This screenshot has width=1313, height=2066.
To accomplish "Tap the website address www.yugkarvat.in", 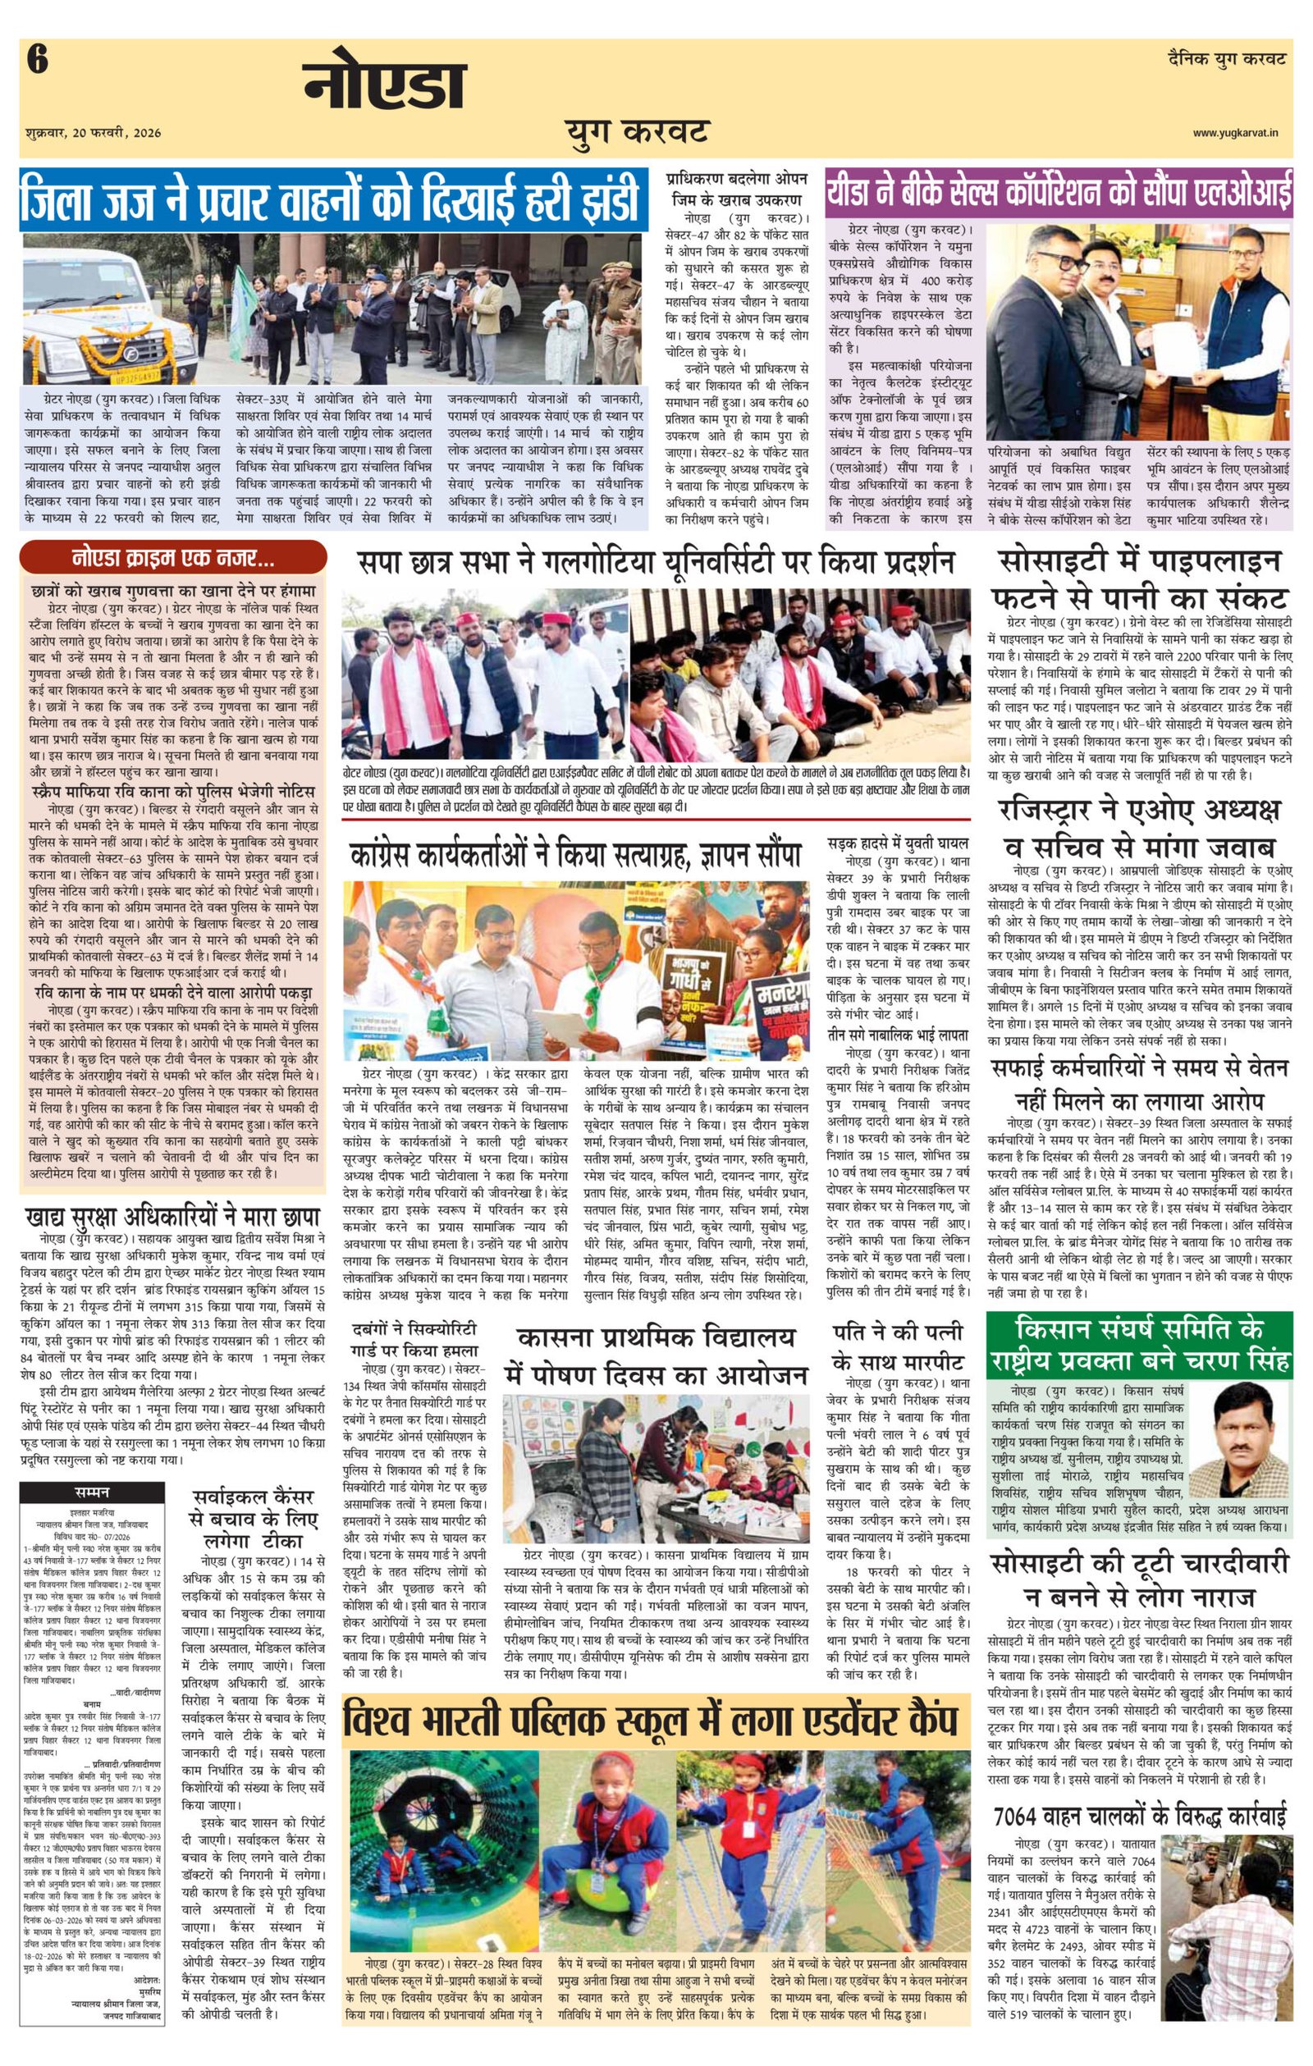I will (1240, 133).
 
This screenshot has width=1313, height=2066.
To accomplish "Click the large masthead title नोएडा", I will (383, 86).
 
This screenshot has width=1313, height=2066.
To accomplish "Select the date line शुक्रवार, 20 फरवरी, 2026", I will (94, 133).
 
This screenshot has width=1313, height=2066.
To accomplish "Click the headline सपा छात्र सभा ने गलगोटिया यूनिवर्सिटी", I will (656, 563).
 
